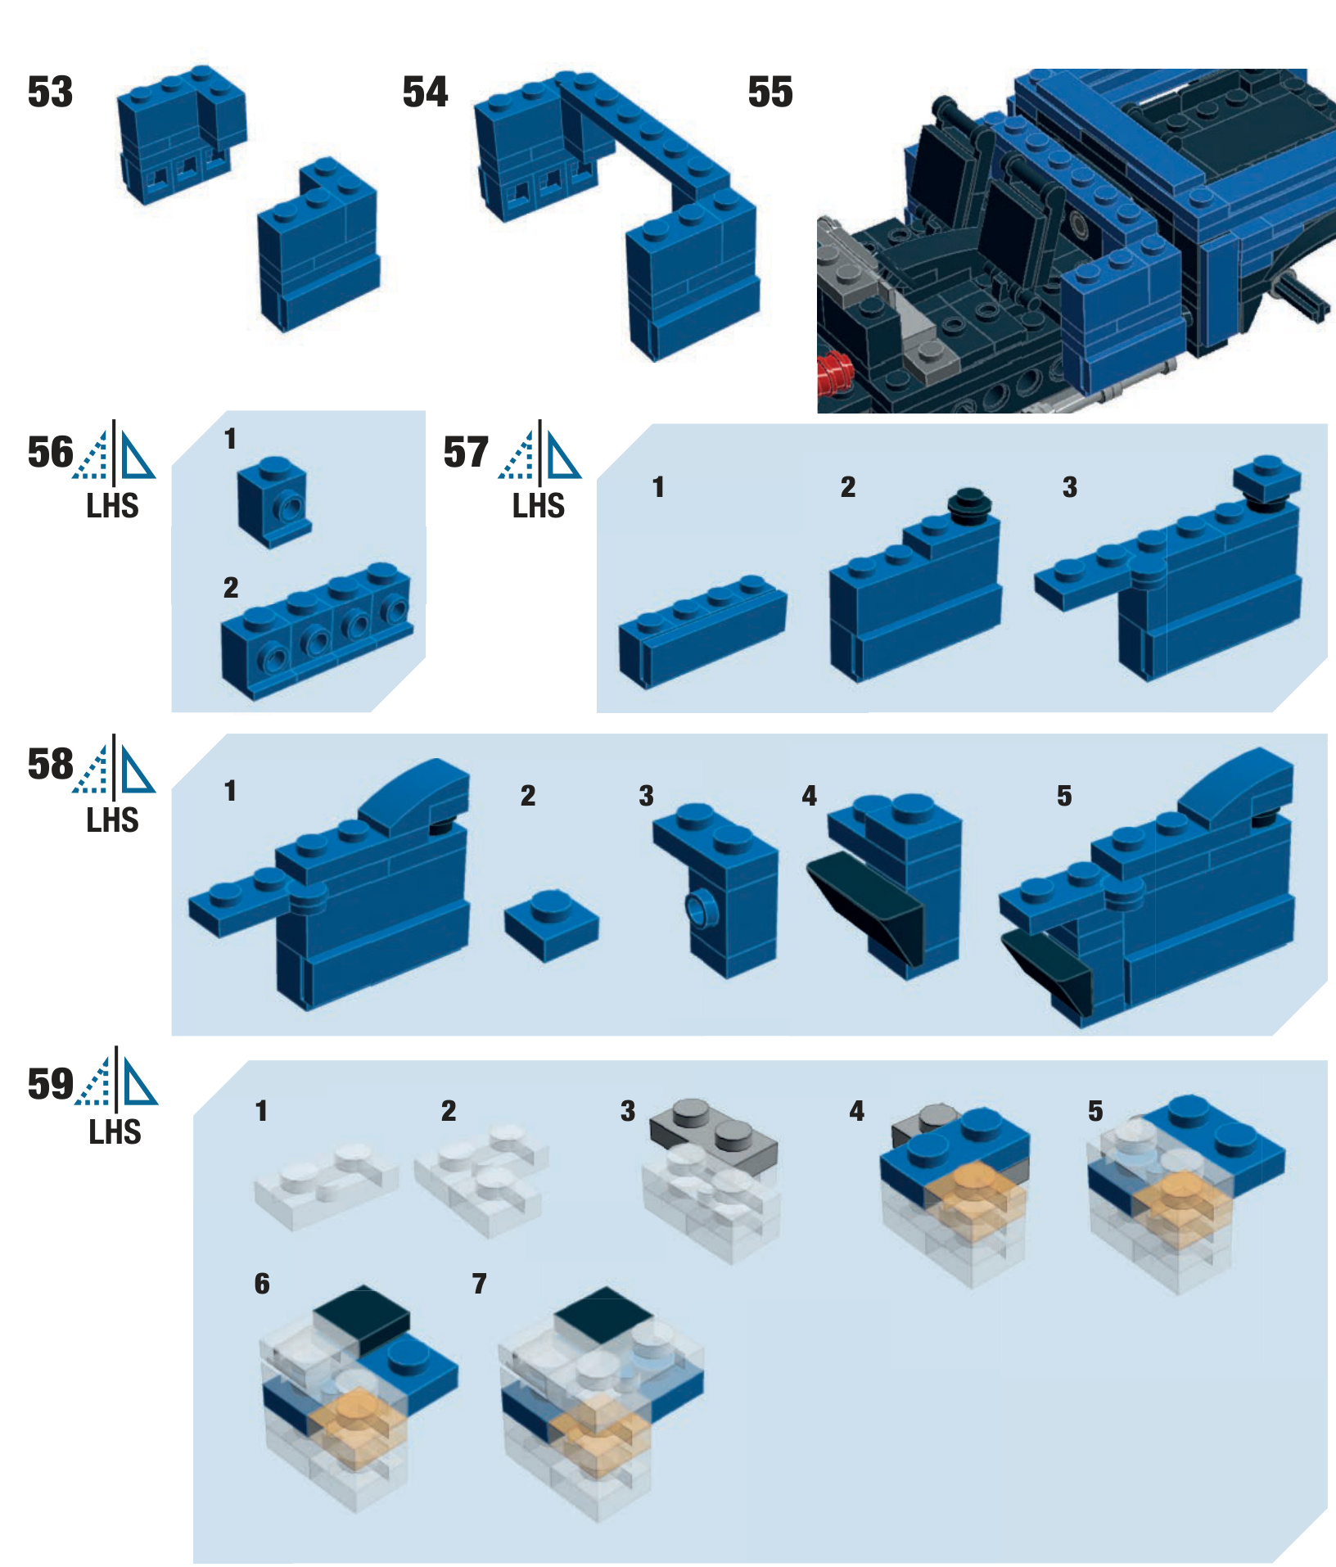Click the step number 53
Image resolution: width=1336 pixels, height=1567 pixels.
pos(50,92)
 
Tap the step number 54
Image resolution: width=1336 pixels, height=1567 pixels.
pos(425,92)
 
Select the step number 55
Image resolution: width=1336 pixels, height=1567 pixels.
pos(770,92)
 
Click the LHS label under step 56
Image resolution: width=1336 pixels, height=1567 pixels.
pos(113,506)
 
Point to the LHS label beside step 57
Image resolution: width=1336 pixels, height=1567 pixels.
pos(539,506)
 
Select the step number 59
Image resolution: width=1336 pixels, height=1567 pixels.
pos(51,1084)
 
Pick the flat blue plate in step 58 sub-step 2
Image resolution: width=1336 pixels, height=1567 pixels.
pos(552,925)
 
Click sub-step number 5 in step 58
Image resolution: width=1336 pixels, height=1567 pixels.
pos(1064,796)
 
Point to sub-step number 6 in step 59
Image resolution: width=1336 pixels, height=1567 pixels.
pos(262,1283)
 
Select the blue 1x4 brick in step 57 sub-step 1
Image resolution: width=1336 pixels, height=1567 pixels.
pos(702,630)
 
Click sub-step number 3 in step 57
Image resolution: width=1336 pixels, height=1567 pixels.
pos(1070,487)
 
